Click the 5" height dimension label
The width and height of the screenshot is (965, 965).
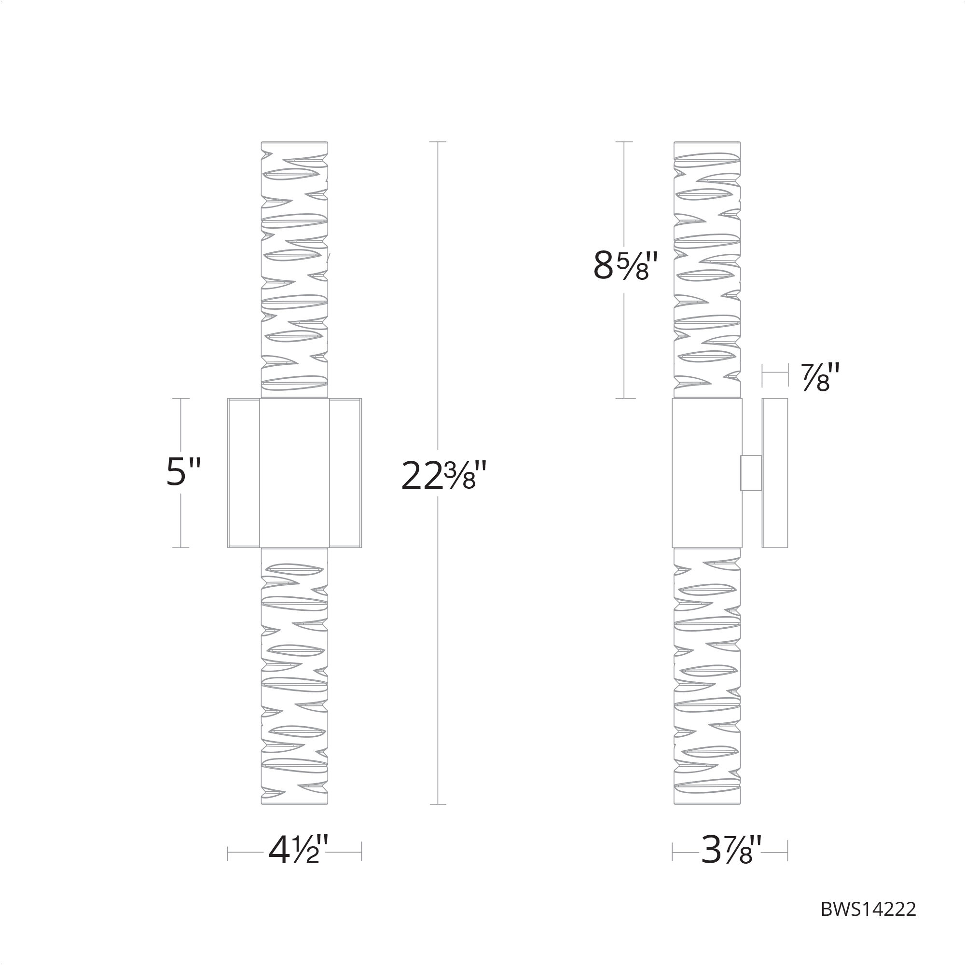pyautogui.click(x=183, y=472)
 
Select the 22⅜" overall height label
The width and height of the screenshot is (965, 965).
pyautogui.click(x=443, y=477)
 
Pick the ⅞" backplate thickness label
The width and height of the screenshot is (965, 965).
pyautogui.click(x=820, y=377)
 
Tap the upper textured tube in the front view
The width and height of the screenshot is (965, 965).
pyautogui.click(x=295, y=270)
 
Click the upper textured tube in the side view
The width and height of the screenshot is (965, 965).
pyautogui.click(x=707, y=270)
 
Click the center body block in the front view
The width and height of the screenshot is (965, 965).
pyautogui.click(x=294, y=472)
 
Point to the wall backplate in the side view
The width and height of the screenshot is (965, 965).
pyautogui.click(x=775, y=472)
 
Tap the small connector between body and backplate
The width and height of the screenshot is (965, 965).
pyautogui.click(x=751, y=472)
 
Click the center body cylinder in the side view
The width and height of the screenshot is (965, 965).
pyautogui.click(x=707, y=472)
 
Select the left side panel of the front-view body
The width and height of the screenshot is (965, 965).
pyautogui.click(x=243, y=472)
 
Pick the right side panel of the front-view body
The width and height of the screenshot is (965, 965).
pyautogui.click(x=345, y=472)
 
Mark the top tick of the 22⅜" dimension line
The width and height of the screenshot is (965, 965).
pyautogui.click(x=438, y=142)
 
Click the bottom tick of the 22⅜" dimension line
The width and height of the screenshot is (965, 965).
pyautogui.click(x=438, y=804)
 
